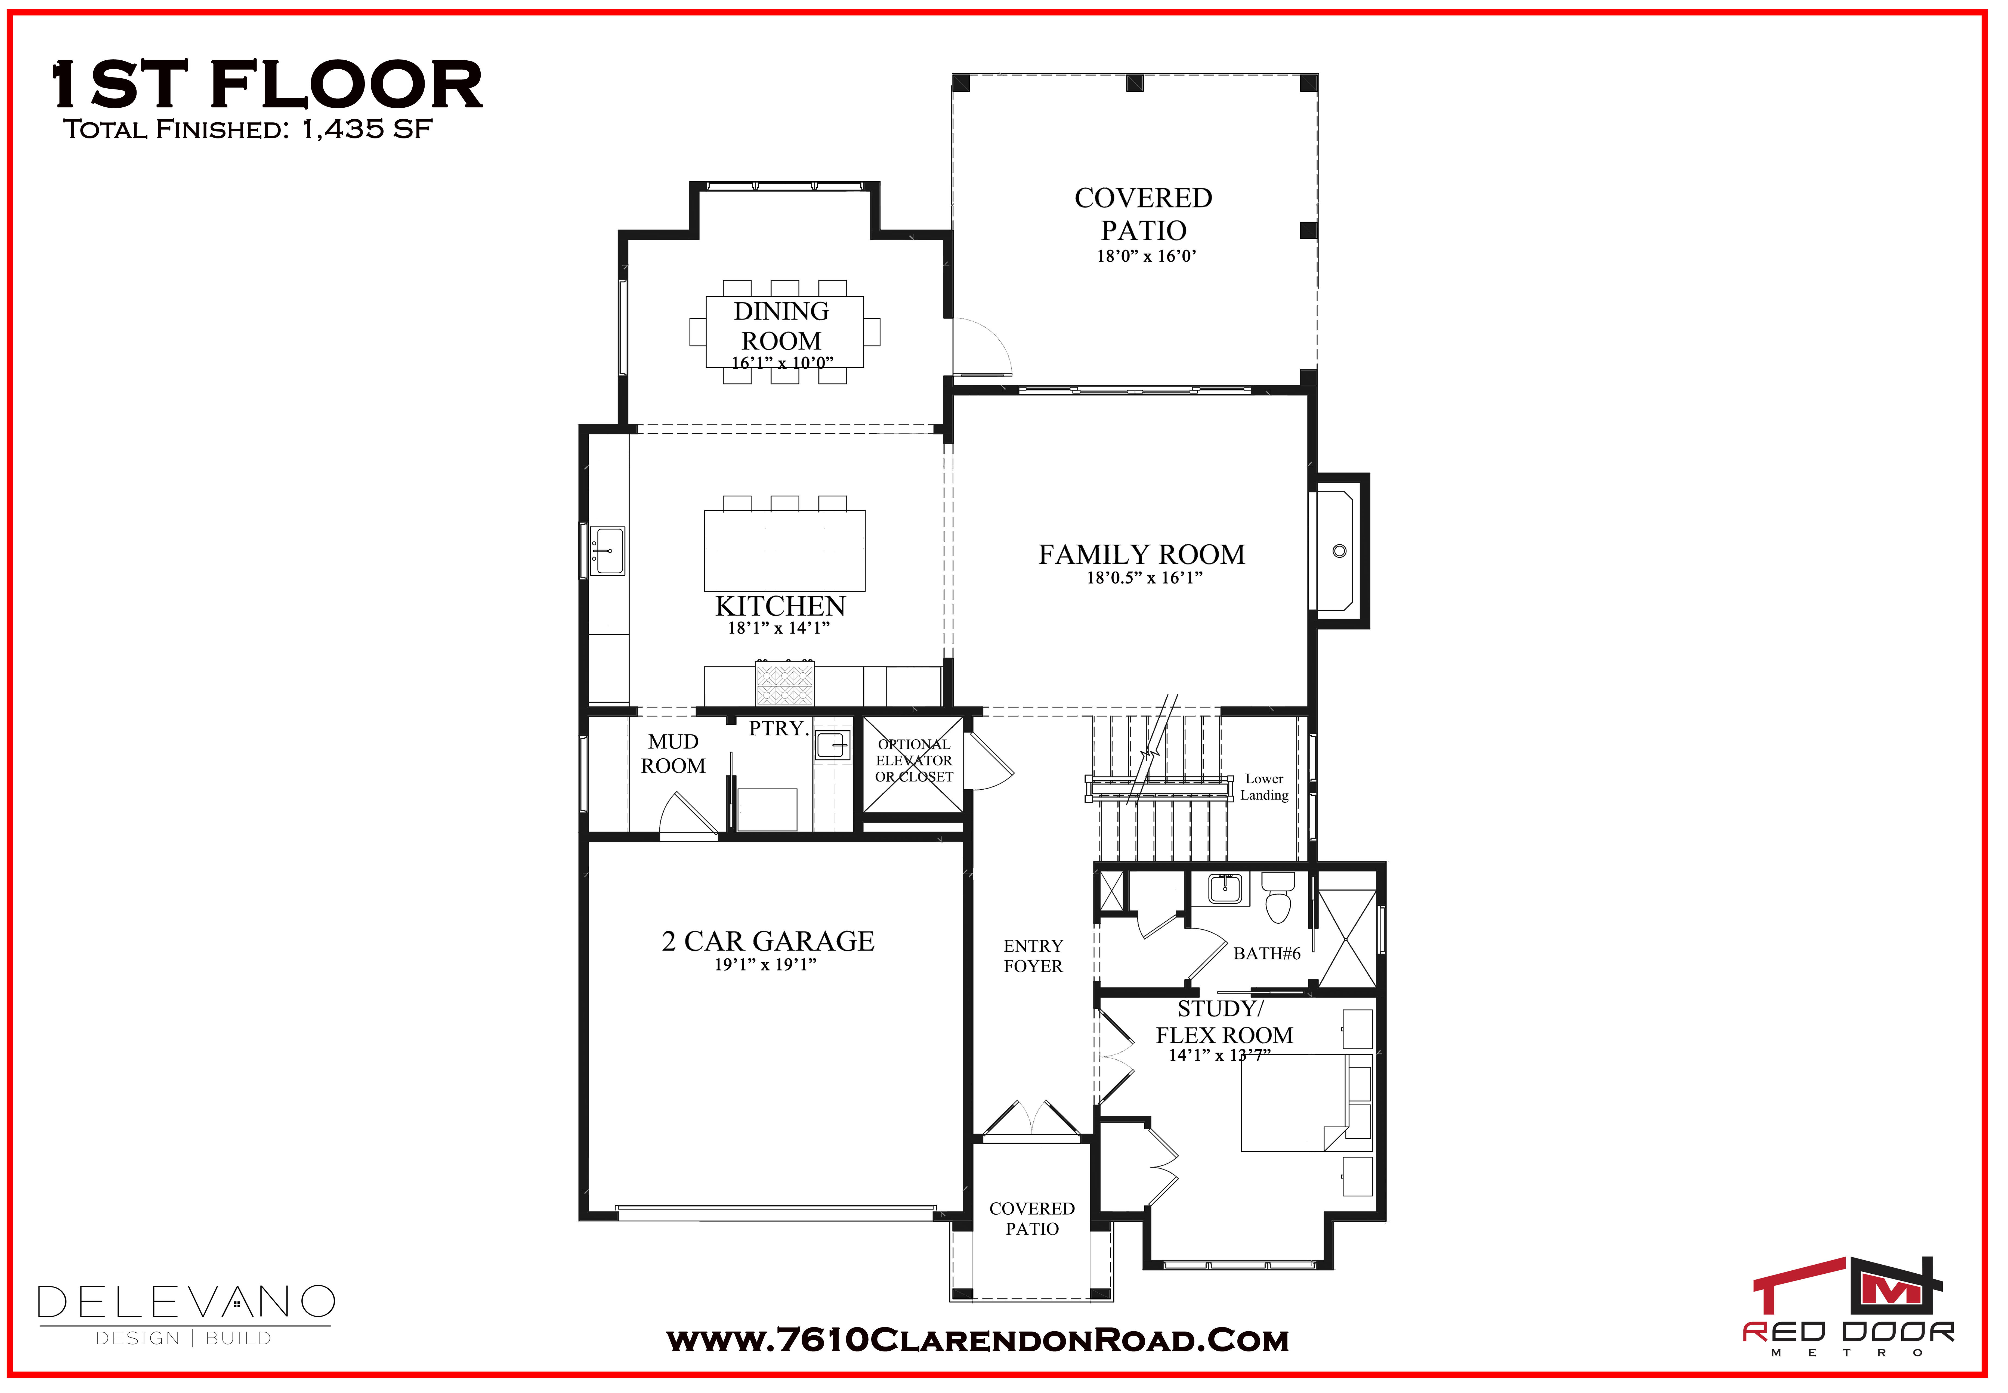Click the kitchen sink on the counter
[607, 551]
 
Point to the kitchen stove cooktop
[784, 683]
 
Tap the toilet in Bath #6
[1278, 896]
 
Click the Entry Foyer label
[1033, 956]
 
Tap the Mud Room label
[673, 753]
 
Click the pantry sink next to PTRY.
[832, 745]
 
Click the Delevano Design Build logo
[186, 1314]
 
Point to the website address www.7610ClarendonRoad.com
[977, 1341]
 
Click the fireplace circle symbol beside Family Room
[1339, 551]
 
